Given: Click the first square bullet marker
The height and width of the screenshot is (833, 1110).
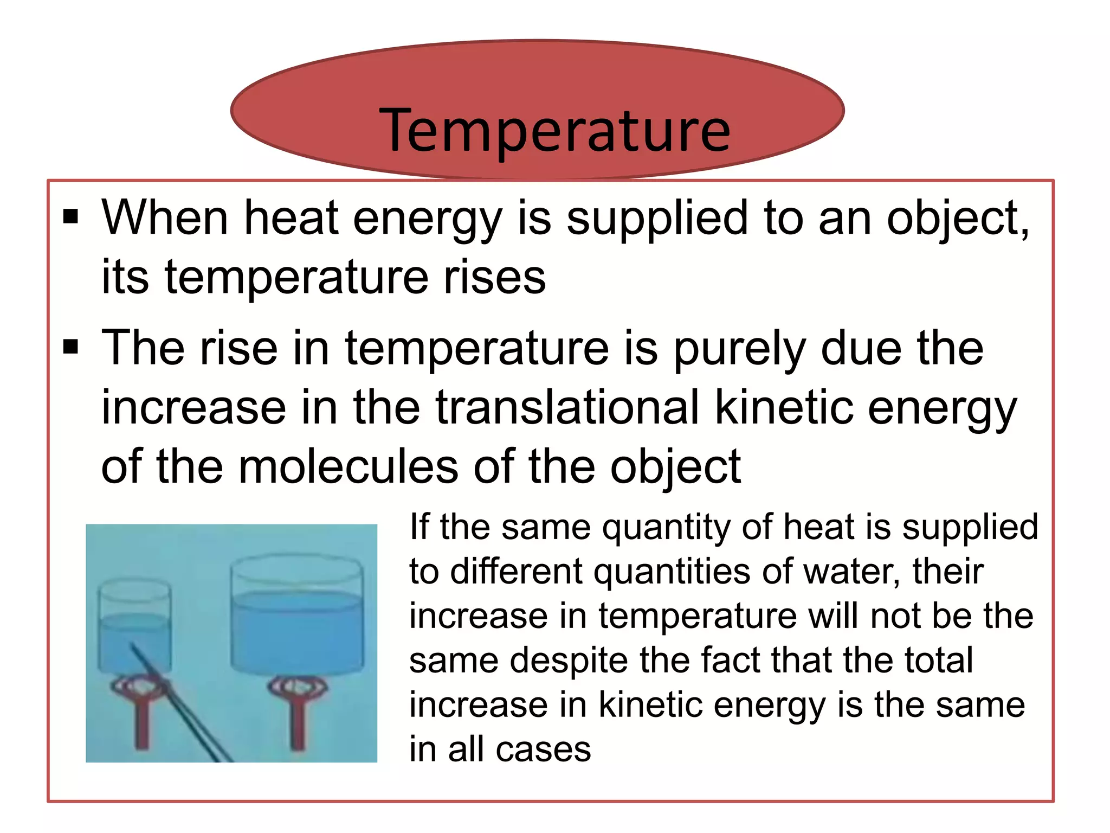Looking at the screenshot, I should coord(71,216).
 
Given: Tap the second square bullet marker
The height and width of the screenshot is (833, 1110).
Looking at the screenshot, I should coord(71,346).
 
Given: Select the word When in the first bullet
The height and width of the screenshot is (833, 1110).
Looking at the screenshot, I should coord(165,218).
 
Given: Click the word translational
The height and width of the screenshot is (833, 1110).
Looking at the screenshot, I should coord(567,407).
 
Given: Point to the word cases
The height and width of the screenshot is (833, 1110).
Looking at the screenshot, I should coord(543,749).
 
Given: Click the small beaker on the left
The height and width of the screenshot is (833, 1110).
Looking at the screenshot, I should coord(135,629).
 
